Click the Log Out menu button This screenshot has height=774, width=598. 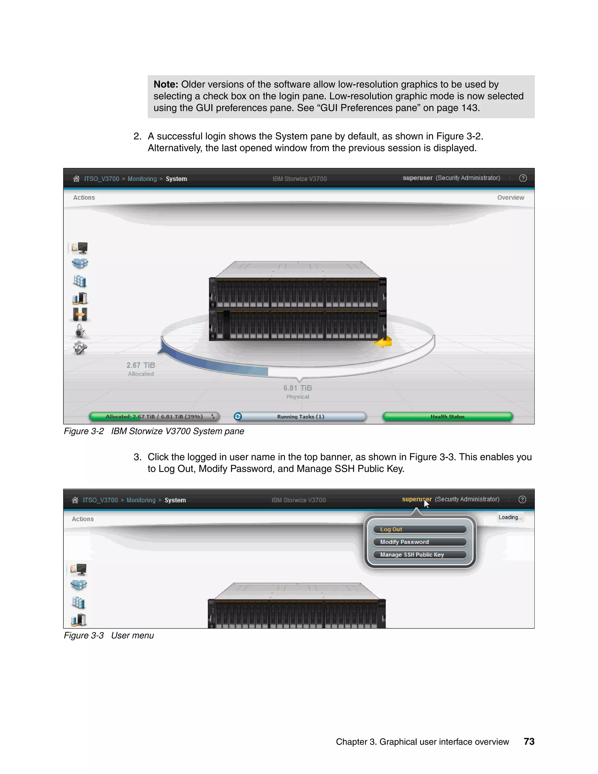tap(420, 529)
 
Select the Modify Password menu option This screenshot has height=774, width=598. tap(420, 542)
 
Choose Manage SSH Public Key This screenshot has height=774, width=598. tap(420, 555)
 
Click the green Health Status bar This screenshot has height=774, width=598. tap(447, 416)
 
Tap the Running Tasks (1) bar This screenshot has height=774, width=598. tap(300, 416)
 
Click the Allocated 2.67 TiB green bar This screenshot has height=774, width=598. tap(154, 416)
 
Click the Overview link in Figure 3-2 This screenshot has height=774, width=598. tap(510, 197)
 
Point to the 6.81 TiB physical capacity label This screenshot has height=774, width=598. tap(298, 388)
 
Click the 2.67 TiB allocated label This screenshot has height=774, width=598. tap(141, 365)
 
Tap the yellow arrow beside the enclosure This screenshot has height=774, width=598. tap(383, 342)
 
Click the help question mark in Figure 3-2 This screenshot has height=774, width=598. tap(523, 178)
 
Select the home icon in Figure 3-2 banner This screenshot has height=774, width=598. tap(76, 179)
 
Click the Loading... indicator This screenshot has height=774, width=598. tap(510, 518)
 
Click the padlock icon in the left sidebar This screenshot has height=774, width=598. tap(80, 331)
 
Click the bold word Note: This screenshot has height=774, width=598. tap(166, 84)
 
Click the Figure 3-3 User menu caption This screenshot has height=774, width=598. tap(109, 636)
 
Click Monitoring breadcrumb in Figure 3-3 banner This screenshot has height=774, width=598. tap(141, 500)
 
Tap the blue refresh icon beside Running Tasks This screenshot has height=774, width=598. tap(238, 416)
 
